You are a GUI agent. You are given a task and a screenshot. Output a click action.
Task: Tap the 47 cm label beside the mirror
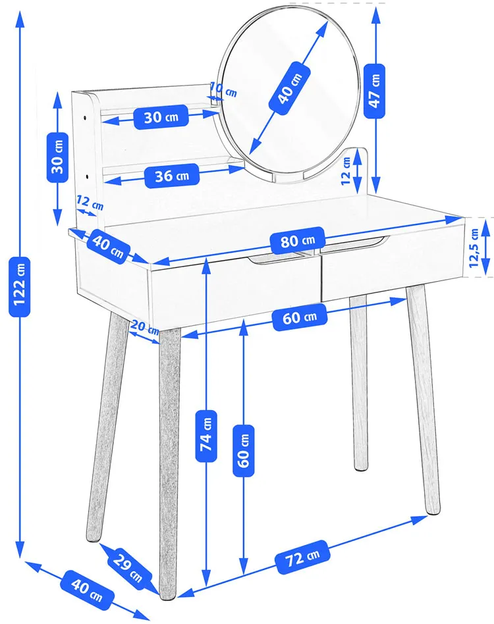click(375, 91)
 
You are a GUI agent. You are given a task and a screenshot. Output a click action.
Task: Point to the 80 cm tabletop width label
click(297, 240)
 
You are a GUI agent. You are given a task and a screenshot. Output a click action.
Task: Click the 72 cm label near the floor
click(302, 557)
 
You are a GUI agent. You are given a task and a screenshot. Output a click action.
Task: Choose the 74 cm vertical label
click(206, 436)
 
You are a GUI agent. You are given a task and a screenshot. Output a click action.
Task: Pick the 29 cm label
click(128, 566)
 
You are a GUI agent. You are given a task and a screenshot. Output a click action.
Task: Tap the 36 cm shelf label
click(171, 176)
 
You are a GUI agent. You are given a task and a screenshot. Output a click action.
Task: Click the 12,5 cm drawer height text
click(474, 248)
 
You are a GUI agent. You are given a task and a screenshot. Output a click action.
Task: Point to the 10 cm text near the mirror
click(223, 90)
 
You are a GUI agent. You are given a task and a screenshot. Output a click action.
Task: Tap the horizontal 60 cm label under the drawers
click(300, 317)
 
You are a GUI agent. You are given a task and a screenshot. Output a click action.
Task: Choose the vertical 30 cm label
click(57, 157)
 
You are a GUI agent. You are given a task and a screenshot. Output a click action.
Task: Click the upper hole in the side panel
click(86, 118)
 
